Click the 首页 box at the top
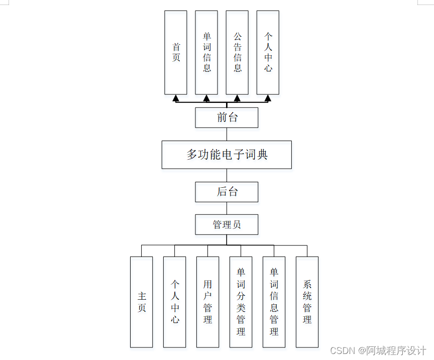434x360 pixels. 176,53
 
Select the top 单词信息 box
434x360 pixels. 206,53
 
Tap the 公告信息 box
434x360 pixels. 237,53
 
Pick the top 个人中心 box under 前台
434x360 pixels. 268,53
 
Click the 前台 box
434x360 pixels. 227,117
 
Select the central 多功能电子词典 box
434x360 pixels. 227,155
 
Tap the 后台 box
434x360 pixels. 227,192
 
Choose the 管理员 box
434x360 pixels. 227,224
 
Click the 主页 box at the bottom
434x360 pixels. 141,302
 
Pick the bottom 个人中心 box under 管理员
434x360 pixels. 174,302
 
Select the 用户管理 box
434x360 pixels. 207,302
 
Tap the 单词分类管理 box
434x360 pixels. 241,302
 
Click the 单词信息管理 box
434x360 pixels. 274,302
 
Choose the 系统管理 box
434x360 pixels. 307,302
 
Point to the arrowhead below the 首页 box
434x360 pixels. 176,98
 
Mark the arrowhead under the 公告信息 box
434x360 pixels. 237,98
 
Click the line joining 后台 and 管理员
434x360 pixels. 227,208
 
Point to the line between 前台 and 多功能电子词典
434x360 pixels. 227,134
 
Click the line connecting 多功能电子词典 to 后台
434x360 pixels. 227,175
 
